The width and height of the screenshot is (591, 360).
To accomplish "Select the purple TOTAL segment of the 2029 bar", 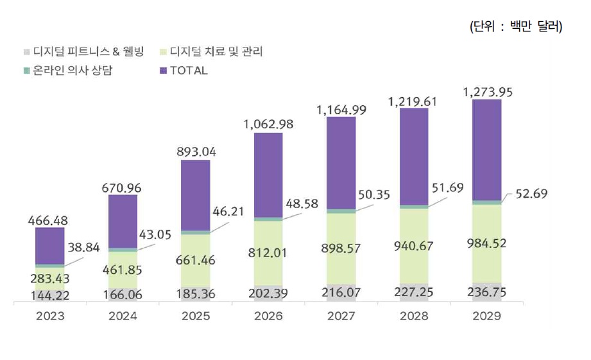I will (486, 150).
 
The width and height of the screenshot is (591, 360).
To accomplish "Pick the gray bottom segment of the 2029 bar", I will (486, 292).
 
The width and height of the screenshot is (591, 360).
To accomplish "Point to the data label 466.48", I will (49, 220).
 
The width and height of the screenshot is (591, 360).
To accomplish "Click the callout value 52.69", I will (530, 193).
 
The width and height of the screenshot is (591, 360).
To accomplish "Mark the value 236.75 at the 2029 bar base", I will (486, 294).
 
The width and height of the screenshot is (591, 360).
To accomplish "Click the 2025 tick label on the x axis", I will (195, 316).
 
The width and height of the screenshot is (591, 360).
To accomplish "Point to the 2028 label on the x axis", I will (414, 316).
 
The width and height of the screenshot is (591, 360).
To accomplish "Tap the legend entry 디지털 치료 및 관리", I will (212, 51).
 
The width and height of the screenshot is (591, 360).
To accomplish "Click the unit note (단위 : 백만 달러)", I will (516, 27).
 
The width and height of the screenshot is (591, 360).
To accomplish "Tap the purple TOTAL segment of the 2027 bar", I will (341, 163).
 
